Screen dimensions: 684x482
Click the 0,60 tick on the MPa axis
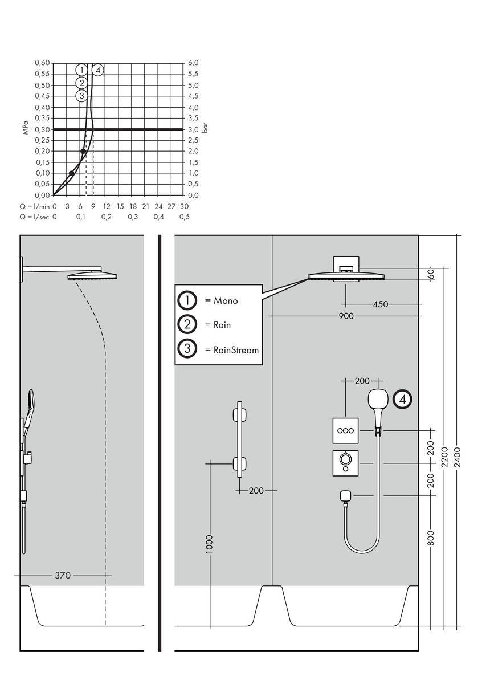42,63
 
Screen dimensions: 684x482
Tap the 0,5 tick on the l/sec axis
185,217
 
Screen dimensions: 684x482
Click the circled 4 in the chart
98,70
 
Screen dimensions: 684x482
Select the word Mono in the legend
226,301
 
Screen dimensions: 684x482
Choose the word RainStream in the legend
236,349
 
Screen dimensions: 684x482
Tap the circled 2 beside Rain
187,325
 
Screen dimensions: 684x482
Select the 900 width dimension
345,316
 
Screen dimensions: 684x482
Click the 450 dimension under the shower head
380,304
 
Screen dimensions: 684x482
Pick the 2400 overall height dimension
458,456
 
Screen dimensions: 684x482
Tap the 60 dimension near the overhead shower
431,274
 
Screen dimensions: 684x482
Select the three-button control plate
345,431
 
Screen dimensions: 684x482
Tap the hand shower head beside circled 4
378,400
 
